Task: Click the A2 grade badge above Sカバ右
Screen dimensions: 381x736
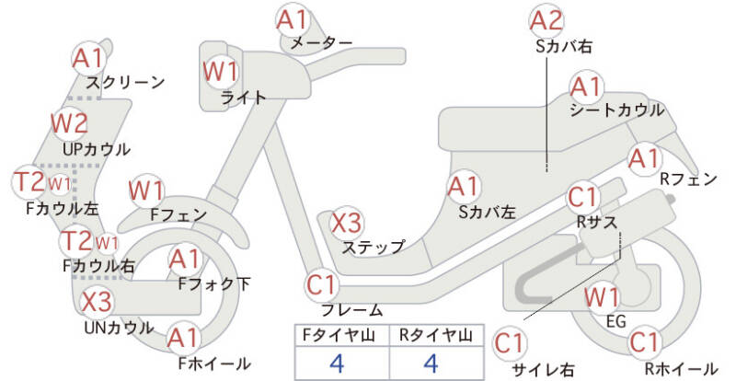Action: [546, 19]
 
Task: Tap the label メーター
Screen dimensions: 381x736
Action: [320, 43]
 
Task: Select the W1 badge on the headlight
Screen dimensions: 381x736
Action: [221, 70]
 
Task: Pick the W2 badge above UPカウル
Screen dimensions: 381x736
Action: [69, 121]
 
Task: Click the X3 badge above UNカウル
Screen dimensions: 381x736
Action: [97, 301]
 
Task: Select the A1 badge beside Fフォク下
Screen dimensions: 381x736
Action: [185, 260]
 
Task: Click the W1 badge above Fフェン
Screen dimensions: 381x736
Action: [146, 190]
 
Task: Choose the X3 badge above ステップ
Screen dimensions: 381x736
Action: [347, 223]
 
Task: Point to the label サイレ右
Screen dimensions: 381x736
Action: [543, 369]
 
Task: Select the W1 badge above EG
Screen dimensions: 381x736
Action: [602, 296]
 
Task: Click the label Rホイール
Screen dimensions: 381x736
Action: [680, 369]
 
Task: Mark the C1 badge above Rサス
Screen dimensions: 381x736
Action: [583, 196]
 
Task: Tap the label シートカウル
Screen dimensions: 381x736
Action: [616, 110]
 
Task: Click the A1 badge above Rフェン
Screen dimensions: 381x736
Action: [644, 157]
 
